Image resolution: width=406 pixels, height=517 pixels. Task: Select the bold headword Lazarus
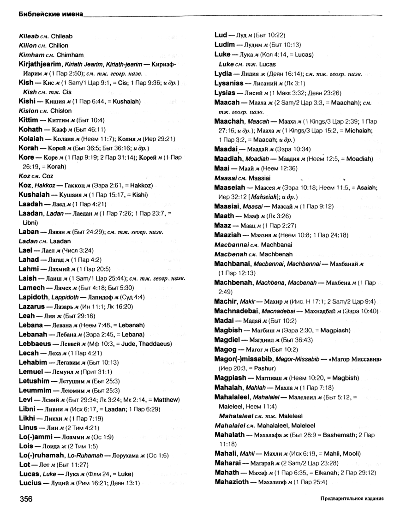32,307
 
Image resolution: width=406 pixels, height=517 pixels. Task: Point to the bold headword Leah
27,316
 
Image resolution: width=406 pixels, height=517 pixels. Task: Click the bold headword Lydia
225,73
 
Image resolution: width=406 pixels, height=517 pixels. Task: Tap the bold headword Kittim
29,120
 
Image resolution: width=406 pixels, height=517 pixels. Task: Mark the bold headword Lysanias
232,83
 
